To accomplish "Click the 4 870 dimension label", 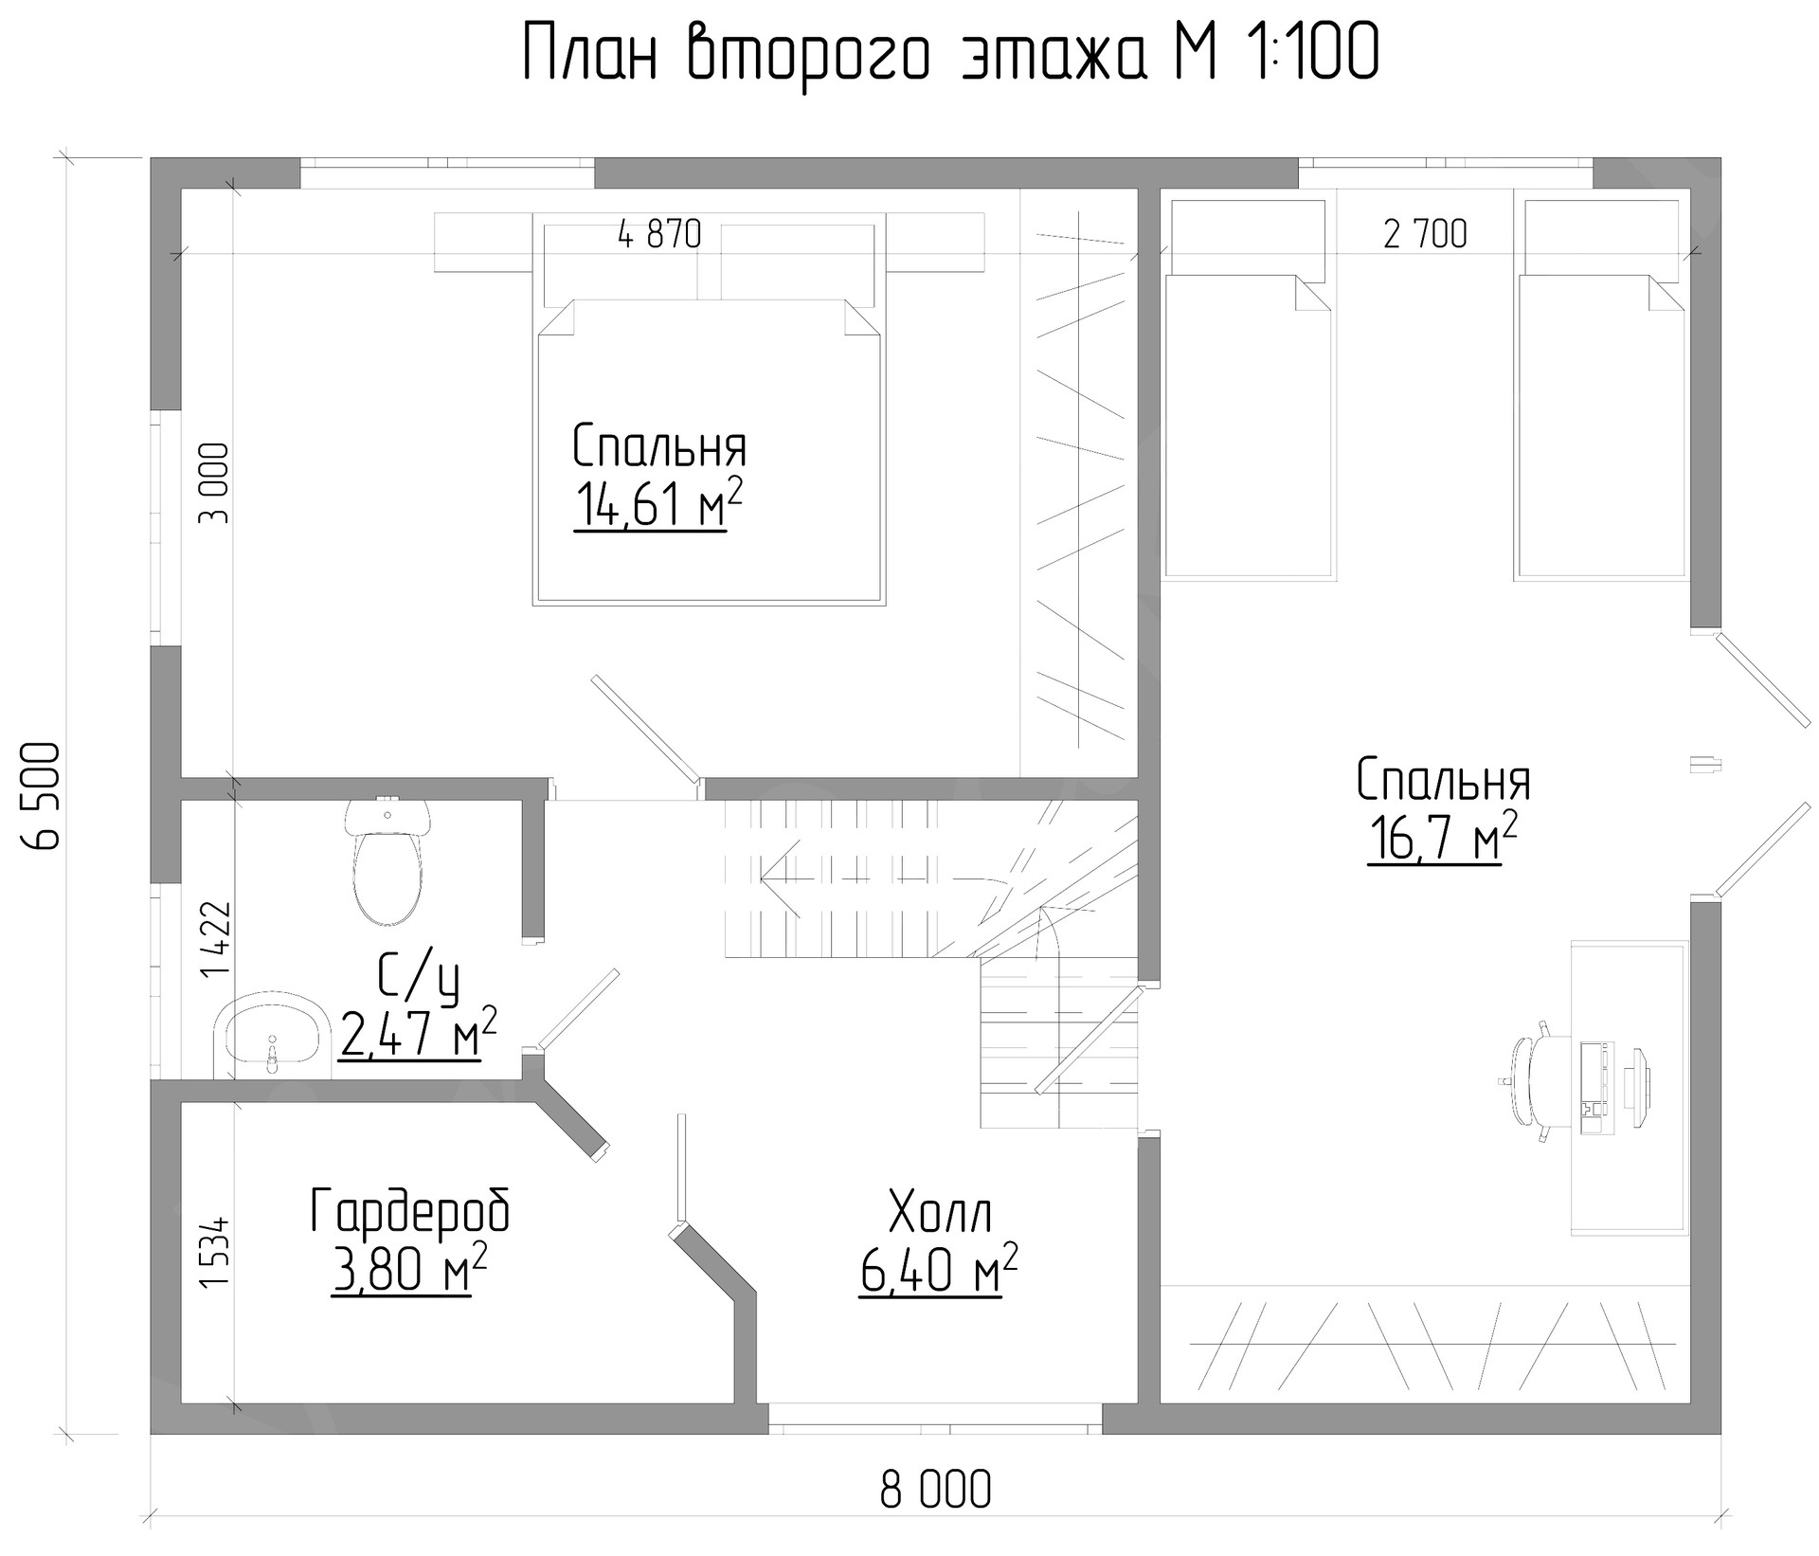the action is [659, 234].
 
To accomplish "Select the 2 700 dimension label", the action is [1425, 234].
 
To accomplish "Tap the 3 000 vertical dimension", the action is [214, 483].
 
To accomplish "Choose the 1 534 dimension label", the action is [215, 1251].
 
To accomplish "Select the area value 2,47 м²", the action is [417, 1033].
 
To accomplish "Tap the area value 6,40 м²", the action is [938, 1270].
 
